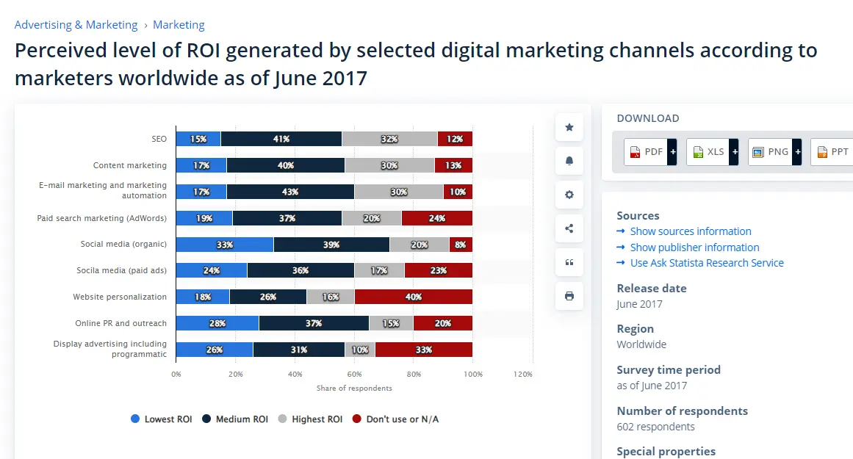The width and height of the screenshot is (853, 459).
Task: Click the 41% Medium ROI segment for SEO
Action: click(281, 139)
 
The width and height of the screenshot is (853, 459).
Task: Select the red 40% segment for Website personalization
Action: click(413, 297)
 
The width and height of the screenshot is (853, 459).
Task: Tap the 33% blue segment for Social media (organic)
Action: click(225, 245)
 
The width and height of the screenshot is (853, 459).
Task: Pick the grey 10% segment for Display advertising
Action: click(360, 350)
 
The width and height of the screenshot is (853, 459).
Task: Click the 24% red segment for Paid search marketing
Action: click(437, 218)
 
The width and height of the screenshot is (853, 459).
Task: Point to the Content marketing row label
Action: click(130, 165)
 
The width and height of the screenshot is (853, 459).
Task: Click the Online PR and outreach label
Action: click(120, 323)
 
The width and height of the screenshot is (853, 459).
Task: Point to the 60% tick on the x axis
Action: click(354, 374)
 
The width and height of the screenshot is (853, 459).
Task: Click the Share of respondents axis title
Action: click(354, 388)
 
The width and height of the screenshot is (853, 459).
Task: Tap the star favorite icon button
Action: click(569, 127)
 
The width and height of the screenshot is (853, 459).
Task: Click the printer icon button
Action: click(569, 296)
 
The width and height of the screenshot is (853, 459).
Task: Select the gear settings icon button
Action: click(569, 195)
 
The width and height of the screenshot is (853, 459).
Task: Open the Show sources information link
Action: click(690, 231)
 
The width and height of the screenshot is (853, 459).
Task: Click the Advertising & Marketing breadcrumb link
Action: click(76, 25)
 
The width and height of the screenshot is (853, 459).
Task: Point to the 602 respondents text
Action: click(655, 427)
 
